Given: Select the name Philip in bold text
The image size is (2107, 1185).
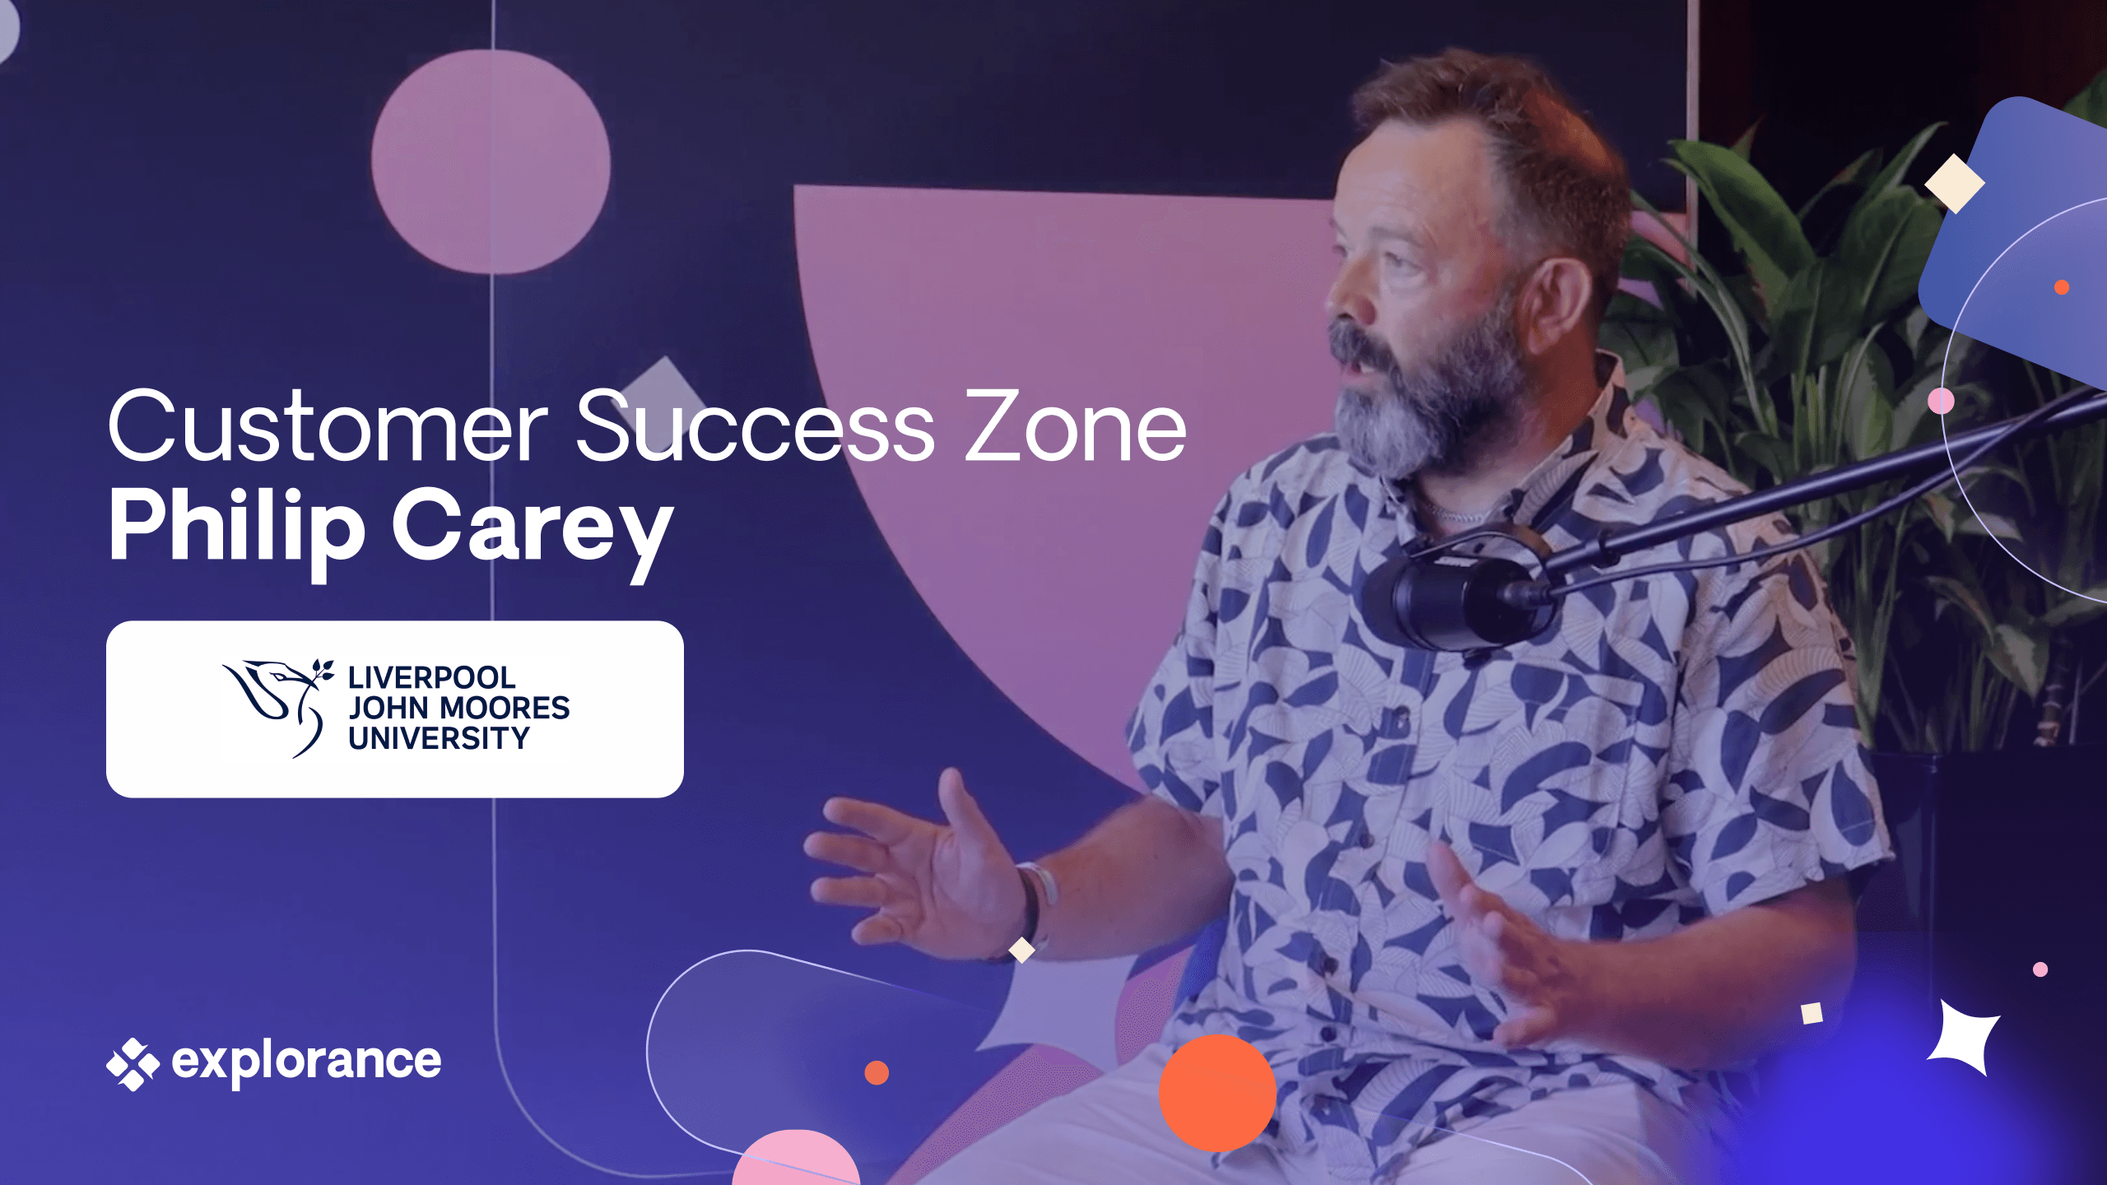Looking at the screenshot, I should click(237, 527).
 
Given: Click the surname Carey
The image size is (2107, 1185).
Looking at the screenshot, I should click(532, 527).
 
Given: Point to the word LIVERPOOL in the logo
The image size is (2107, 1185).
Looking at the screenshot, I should click(431, 678).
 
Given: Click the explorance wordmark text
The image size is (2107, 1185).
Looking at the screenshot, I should click(306, 1062).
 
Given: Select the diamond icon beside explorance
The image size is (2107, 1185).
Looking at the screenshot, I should click(133, 1063).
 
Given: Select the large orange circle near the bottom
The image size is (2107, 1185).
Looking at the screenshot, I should click(1217, 1093).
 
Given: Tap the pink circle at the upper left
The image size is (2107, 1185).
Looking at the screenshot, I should click(491, 161).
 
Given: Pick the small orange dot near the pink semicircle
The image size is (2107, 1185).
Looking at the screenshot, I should click(877, 1073).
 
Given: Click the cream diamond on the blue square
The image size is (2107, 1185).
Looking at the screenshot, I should click(1954, 184).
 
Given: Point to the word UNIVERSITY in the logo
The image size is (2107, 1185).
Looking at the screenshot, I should click(439, 739).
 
